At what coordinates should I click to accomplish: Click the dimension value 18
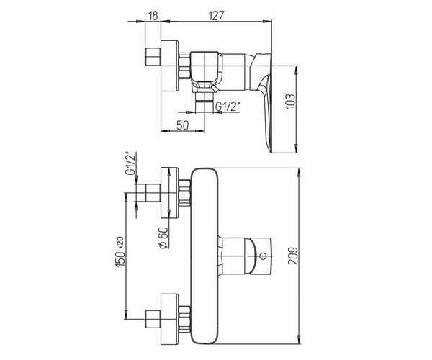(x=153, y=16)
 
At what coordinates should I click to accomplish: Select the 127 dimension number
(x=216, y=16)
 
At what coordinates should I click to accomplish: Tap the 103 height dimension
(x=290, y=102)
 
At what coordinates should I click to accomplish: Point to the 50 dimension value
(x=182, y=125)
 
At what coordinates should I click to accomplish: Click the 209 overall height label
(x=293, y=256)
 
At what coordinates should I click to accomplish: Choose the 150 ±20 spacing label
(x=120, y=252)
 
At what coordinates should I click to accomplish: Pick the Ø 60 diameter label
(x=163, y=238)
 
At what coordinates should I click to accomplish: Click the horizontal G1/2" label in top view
(x=228, y=107)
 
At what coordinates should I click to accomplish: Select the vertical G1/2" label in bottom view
(x=130, y=163)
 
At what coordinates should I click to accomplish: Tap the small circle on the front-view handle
(x=263, y=256)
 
